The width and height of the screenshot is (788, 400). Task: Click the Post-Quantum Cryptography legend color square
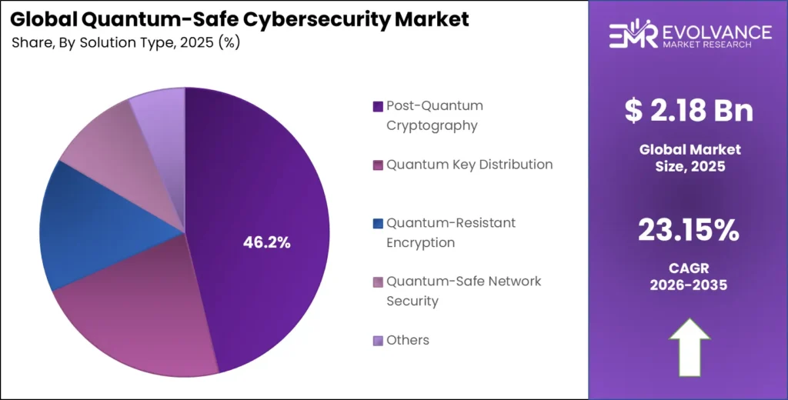pos(377,106)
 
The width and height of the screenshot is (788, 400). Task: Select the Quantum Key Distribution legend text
pos(469,165)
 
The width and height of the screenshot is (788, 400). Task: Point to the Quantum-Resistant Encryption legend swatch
pos(377,224)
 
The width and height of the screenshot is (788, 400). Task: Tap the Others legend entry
pos(408,340)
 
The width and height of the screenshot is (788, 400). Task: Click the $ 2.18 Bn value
pos(689,112)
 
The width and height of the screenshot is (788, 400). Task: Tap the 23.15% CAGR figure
pos(689,229)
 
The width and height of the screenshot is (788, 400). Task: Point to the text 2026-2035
pos(689,285)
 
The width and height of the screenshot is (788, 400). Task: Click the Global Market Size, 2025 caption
pos(689,157)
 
